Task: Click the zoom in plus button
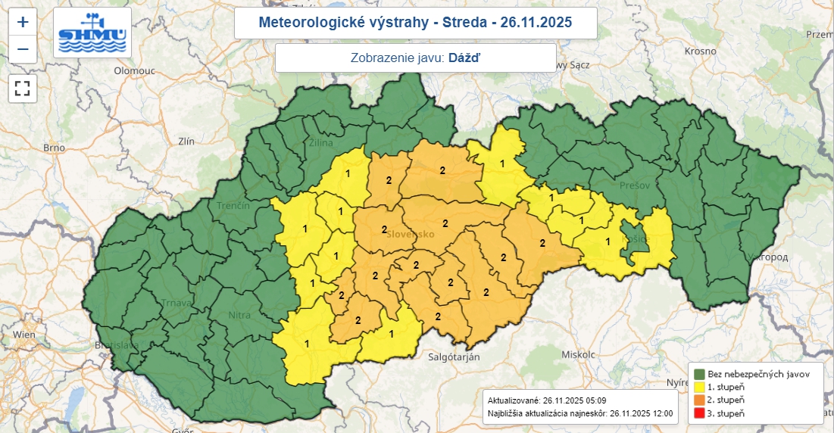coord(23,22)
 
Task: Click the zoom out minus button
coord(23,50)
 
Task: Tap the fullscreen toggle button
coord(23,88)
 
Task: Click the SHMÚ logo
coord(92,33)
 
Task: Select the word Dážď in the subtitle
coord(464,58)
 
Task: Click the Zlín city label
coord(186,141)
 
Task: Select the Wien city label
coord(24,334)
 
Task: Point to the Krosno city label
coord(700,51)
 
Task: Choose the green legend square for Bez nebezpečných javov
coord(698,373)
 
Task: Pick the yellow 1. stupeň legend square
coord(698,387)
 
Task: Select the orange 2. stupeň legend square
coord(698,400)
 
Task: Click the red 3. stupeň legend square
coord(698,413)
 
